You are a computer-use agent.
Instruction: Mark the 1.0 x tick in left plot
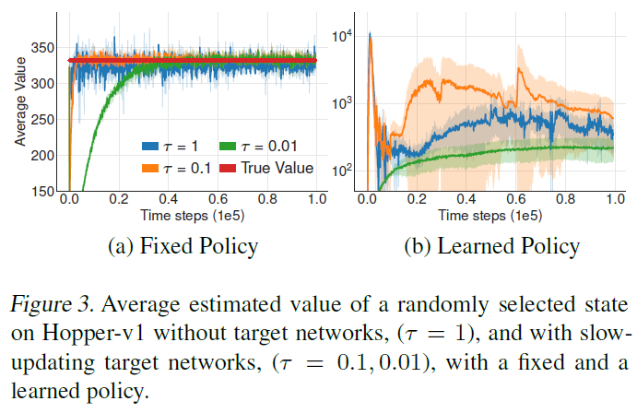pyautogui.click(x=315, y=199)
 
